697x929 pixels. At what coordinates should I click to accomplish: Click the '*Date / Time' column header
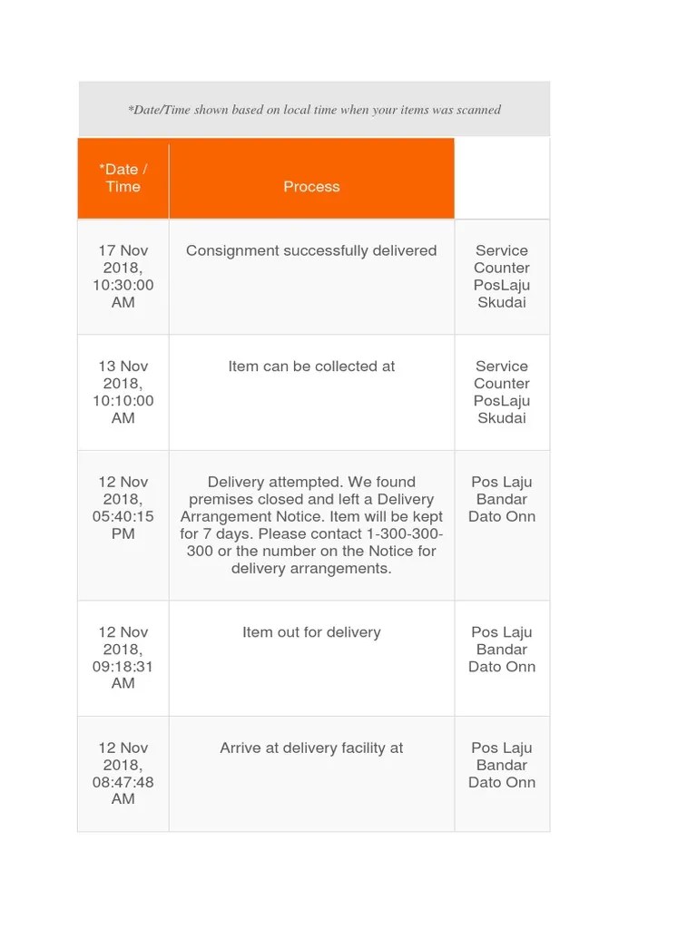click(x=123, y=178)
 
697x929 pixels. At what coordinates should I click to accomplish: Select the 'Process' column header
click(x=311, y=187)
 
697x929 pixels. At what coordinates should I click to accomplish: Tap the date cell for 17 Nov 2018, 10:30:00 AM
click(x=123, y=276)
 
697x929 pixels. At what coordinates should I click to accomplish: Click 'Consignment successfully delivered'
click(x=311, y=250)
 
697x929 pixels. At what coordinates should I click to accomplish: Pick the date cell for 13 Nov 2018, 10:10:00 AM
click(x=123, y=392)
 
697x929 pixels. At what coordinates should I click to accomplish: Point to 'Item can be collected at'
click(x=311, y=367)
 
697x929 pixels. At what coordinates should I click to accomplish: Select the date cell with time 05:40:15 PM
click(x=123, y=508)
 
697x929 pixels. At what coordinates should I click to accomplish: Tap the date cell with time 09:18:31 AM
click(x=123, y=658)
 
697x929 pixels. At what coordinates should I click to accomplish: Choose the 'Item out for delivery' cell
click(x=311, y=632)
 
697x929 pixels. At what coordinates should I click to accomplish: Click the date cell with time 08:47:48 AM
click(x=123, y=773)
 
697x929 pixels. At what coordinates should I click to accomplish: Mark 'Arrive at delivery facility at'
click(x=311, y=748)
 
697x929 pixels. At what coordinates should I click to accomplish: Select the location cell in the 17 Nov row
click(x=502, y=276)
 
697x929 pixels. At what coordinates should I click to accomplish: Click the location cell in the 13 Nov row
click(x=502, y=392)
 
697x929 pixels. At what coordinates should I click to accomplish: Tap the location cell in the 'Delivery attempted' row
click(x=502, y=499)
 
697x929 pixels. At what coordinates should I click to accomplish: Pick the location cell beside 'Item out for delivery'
click(x=502, y=650)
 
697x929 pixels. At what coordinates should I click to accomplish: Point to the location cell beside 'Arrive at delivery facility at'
click(x=502, y=765)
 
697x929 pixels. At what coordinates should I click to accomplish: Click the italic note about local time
click(x=314, y=110)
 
